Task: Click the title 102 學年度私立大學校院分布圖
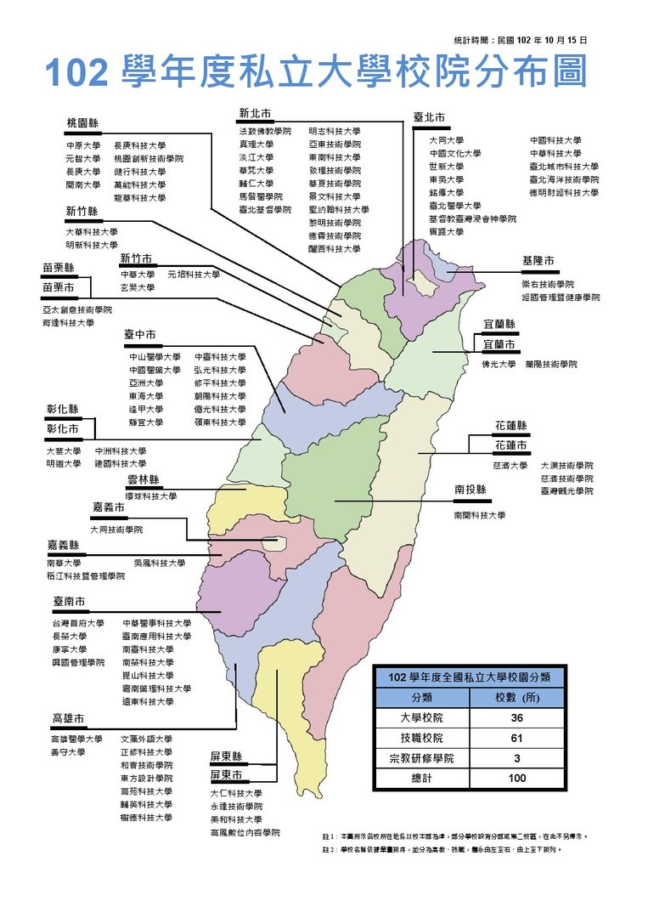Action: coord(315,72)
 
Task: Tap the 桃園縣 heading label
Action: coord(82,123)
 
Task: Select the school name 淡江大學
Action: coord(256,157)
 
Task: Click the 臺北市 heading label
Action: coord(429,117)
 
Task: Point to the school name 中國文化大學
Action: coord(454,154)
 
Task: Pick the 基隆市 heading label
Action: coord(538,261)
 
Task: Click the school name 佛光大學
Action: coord(499,364)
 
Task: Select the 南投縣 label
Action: coord(470,490)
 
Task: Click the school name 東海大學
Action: coord(143,396)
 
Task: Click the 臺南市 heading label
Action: coord(68,602)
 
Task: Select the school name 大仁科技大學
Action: coord(236,793)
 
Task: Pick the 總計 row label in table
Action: coord(421,778)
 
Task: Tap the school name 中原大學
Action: coord(82,145)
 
